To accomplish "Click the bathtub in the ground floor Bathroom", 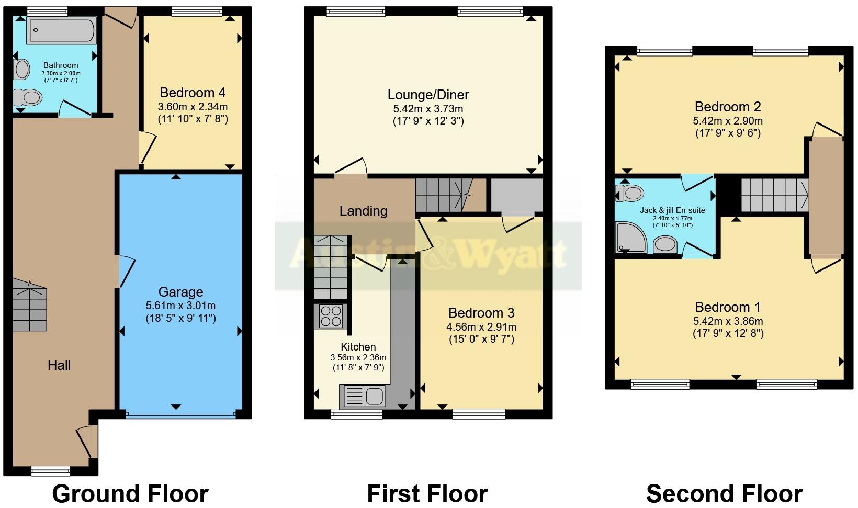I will point(62,30).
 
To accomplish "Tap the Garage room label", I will point(180,292).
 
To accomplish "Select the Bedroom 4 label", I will point(193,93).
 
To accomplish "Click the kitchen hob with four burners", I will point(331,316).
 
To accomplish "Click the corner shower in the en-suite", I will point(631,238).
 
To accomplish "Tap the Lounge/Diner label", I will point(428,95).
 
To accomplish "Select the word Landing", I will point(363,211).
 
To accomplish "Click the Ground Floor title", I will point(130,493).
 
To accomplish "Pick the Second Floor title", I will point(724,493).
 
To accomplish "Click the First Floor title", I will point(427,493).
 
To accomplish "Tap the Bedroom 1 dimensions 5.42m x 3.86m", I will point(728,321).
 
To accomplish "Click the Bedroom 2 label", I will point(728,107).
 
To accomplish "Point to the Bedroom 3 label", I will point(481,313).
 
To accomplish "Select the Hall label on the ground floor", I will point(59,365).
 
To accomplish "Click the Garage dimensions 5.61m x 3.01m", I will point(180,306).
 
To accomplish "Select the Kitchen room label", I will point(358,347).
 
